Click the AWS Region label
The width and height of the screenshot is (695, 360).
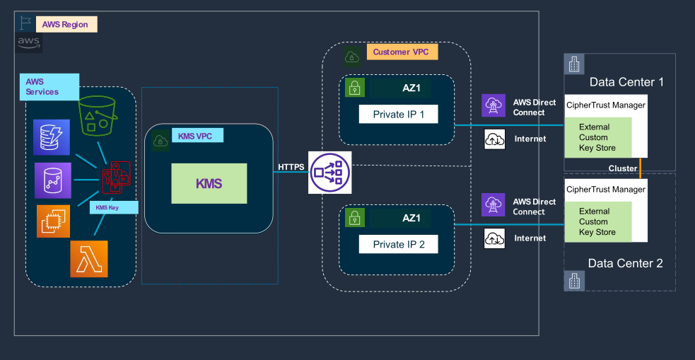point(66,24)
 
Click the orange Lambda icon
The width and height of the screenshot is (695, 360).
point(88,258)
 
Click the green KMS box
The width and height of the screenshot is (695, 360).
point(209,183)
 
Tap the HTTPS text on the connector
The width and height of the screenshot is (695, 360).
point(291,167)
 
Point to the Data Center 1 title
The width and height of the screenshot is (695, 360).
point(626,82)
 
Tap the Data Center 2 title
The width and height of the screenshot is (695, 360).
point(625,263)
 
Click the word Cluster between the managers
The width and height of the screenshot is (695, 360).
point(623,168)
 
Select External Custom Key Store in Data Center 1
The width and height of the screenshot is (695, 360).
point(597,138)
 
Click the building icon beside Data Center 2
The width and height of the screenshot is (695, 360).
point(574,281)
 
